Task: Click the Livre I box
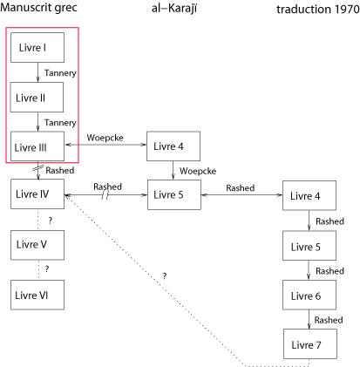37,47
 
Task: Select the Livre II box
37,97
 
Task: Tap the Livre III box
37,146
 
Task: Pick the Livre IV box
37,194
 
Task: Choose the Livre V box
37,245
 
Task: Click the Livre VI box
37,295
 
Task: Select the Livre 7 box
310,344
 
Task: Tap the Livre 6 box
309,295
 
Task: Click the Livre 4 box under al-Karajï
173,146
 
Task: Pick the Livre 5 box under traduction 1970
309,246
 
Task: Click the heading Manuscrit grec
38,8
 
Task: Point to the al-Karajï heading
174,9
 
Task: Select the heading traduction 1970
318,10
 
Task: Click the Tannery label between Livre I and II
60,73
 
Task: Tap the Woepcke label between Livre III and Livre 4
105,138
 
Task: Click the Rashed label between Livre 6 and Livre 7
329,320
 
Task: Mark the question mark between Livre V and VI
47,269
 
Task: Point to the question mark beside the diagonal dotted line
165,275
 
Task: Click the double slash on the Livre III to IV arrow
38,168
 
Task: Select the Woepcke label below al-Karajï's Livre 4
198,171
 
